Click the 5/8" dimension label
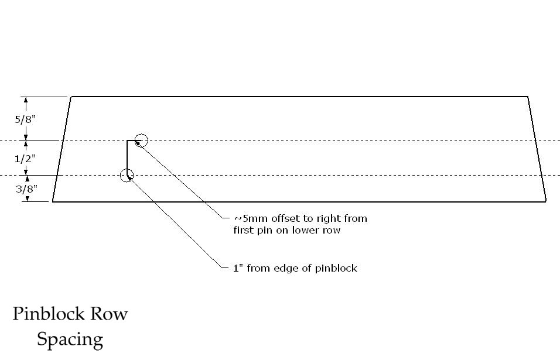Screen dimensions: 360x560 pyautogui.click(x=25, y=119)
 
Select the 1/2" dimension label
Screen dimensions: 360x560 pyautogui.click(x=25, y=158)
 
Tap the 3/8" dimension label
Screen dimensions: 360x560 pyautogui.click(x=26, y=189)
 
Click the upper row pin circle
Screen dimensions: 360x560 pyautogui.click(x=141, y=140)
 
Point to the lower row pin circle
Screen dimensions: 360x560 pyautogui.click(x=127, y=175)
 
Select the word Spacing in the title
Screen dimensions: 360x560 pyautogui.click(x=70, y=340)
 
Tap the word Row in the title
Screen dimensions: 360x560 pyautogui.click(x=108, y=314)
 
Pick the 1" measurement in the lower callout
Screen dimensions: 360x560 pyautogui.click(x=238, y=268)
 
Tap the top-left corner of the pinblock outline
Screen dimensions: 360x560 pyautogui.click(x=71, y=97)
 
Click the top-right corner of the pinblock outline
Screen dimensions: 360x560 pyautogui.click(x=528, y=97)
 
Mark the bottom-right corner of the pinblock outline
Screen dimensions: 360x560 pyautogui.click(x=546, y=201)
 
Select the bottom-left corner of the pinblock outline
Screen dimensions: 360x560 pyautogui.click(x=53, y=201)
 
